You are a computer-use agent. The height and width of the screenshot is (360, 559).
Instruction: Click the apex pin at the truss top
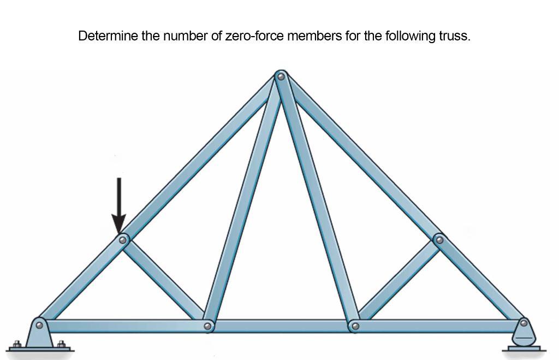coord(281,76)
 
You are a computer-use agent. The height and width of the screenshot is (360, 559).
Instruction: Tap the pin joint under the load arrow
coord(123,240)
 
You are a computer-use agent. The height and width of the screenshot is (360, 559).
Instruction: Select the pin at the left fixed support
coord(39,325)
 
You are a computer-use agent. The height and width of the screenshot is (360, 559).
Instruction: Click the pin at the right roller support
coord(524,323)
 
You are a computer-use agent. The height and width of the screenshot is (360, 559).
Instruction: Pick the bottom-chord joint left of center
coord(207,326)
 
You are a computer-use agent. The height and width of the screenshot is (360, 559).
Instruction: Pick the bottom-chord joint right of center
coord(355,326)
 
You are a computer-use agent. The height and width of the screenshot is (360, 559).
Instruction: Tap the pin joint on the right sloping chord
coord(439,239)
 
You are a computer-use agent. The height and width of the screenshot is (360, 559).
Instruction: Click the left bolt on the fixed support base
coord(16,344)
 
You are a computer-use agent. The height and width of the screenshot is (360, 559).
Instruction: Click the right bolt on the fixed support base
coord(61,344)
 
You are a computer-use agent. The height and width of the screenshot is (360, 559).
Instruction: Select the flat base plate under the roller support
coord(524,348)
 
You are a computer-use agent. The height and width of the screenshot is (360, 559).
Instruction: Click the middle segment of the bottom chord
coord(281,326)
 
